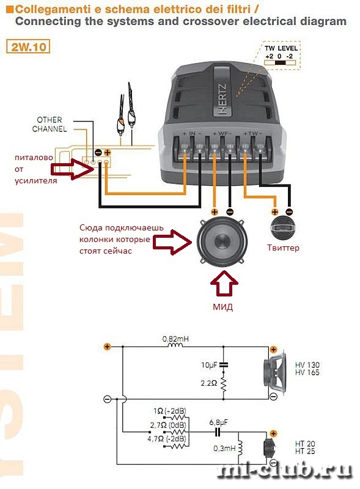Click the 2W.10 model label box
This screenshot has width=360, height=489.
click(28, 47)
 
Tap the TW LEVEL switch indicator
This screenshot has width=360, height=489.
click(280, 62)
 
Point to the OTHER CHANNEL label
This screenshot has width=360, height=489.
click(50, 124)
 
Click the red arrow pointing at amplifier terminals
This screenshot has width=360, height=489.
click(72, 169)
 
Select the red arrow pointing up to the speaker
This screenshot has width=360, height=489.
click(224, 282)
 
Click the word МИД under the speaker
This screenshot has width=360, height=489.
click(222, 307)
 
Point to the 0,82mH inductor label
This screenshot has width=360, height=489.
click(175, 339)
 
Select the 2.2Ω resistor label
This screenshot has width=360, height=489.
click(208, 383)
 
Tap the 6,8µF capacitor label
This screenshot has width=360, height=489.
click(218, 422)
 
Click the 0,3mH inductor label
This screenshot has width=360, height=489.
click(224, 449)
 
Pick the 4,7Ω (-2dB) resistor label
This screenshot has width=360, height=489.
click(167, 439)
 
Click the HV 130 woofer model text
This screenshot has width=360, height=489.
click(307, 364)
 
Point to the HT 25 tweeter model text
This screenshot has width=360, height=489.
click(305, 451)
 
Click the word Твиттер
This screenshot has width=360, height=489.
click(283, 248)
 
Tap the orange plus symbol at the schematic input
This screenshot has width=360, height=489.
click(107, 347)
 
